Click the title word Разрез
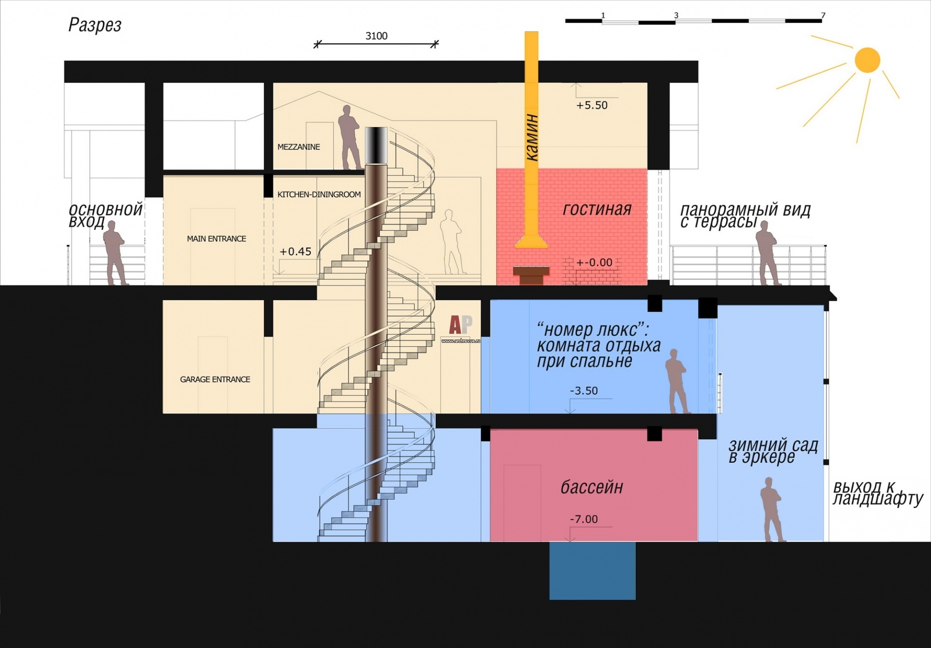95,25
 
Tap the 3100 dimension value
376,36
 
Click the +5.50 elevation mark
592,105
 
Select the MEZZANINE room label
298,147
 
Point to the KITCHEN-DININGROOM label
319,194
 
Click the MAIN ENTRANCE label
216,239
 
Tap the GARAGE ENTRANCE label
215,379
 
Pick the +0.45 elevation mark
295,251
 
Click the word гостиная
597,209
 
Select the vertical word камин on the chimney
532,137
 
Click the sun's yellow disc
867,60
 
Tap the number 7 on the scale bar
823,16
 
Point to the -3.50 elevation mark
584,391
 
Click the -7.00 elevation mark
584,519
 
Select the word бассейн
591,486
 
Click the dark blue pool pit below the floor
592,570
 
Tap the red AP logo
460,324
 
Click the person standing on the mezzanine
349,137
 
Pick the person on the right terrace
768,253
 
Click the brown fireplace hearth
531,275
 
